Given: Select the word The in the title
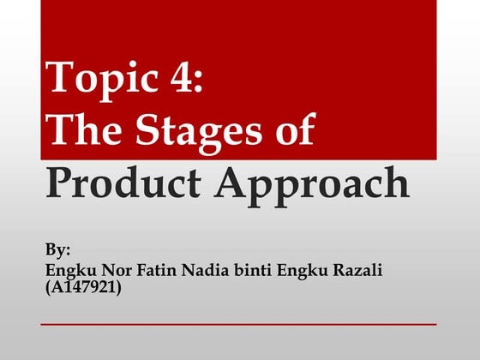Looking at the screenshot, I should tap(82, 130).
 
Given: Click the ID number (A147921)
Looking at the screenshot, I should tap(82, 288).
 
